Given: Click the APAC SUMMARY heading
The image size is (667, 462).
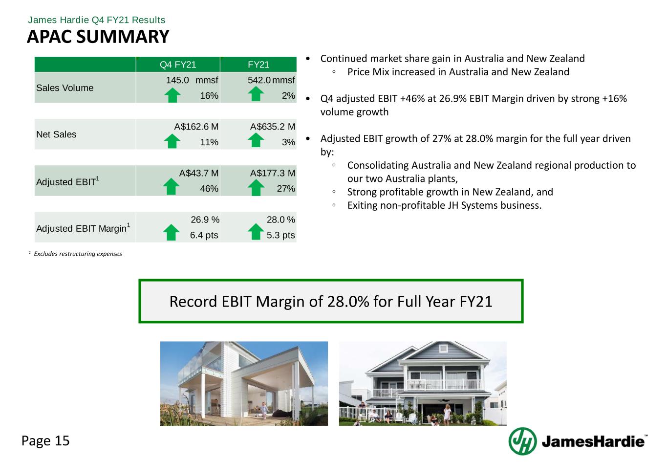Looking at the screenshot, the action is tap(98, 37).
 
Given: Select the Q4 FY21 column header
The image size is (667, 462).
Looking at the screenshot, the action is tap(178, 65).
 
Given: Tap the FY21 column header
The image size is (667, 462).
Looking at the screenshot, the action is tap(258, 65).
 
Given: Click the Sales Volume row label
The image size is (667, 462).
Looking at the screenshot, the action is tap(65, 88).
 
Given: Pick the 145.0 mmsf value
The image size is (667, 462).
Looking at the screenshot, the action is tap(192, 80).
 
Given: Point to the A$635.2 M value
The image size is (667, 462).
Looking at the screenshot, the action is tap(273, 127).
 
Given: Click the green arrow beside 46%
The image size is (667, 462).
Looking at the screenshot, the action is tap(171, 186).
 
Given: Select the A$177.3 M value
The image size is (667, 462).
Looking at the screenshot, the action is tap(273, 173).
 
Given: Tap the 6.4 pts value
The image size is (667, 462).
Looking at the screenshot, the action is tap(204, 235).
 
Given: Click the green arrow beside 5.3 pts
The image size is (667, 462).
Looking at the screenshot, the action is tap(256, 232).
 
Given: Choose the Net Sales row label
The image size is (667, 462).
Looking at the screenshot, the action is tap(56, 134).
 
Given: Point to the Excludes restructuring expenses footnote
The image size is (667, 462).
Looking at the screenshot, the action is tap(78, 254).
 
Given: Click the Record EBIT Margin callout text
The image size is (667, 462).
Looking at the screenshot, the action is tap(331, 302).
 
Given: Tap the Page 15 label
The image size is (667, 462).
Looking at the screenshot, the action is tap(45, 440).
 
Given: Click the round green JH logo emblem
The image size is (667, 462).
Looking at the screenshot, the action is tap(522, 441).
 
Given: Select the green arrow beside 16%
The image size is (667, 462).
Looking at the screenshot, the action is tap(172, 95).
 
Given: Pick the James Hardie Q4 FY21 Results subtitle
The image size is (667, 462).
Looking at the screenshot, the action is tap(96, 20).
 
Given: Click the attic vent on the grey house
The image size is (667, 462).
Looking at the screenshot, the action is tap(443, 348).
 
